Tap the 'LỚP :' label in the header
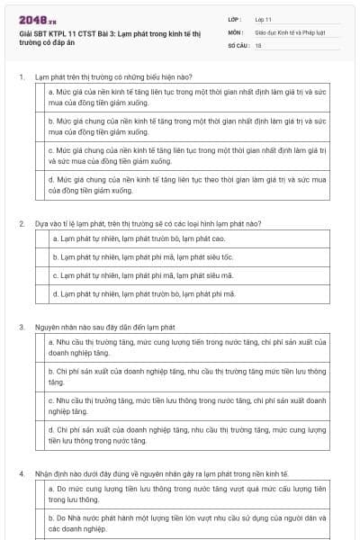[236, 19]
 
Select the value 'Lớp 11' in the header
[263, 19]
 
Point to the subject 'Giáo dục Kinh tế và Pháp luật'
[292, 31]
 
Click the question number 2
[22, 222]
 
